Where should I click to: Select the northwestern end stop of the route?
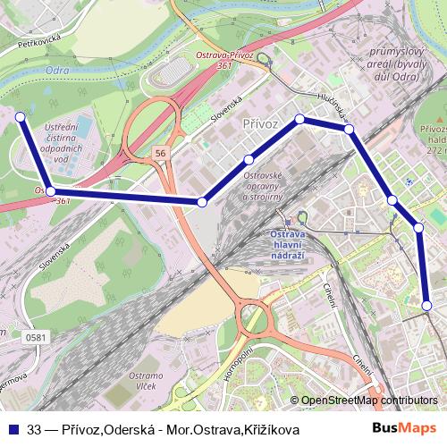pos(21,115)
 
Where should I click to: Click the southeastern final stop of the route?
pos(428,306)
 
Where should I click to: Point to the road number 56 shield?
pos(160,154)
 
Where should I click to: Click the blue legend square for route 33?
pos(14,428)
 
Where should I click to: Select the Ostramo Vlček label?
pos(146,381)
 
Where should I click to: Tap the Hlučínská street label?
pos(330,105)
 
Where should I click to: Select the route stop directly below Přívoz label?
pos(249,160)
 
